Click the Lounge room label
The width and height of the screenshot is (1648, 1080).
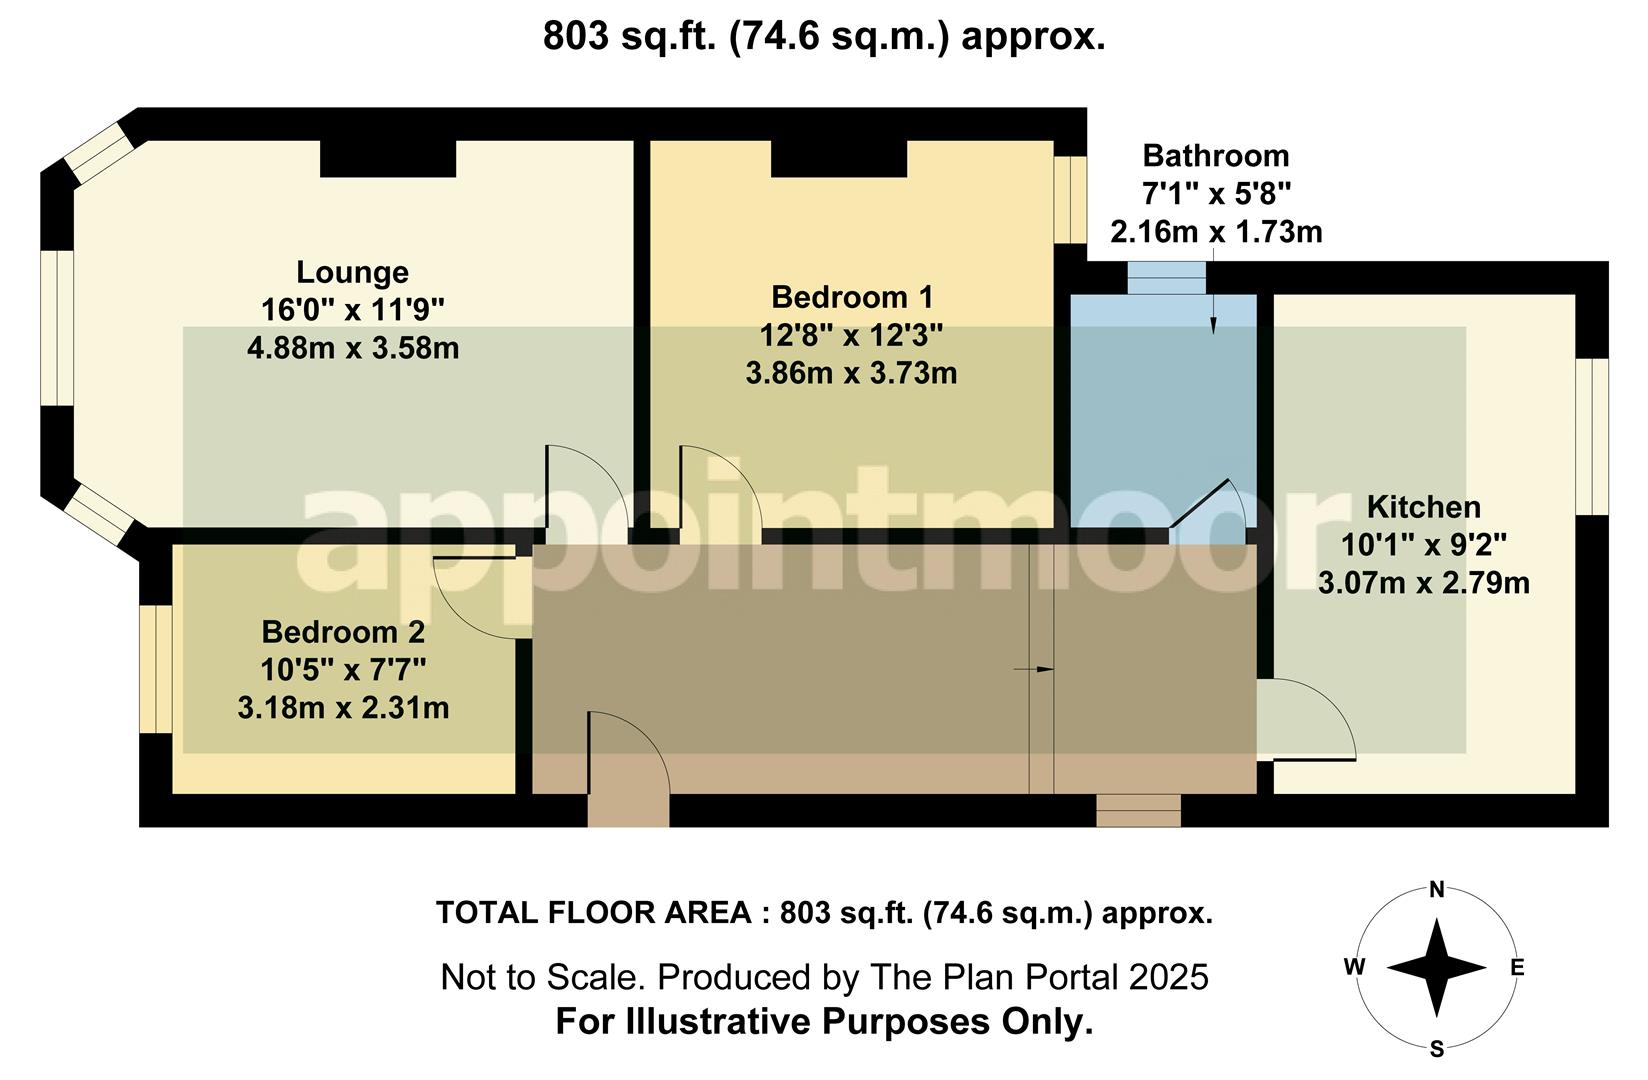point(352,272)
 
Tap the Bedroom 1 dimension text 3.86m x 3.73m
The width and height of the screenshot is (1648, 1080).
point(851,374)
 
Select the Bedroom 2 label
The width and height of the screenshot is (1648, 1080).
point(343,632)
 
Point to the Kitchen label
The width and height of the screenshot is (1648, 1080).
point(1423,507)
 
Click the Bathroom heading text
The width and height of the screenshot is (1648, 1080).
point(1215,156)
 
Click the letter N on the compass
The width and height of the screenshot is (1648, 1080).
point(1437,890)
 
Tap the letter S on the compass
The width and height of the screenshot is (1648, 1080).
point(1437,1049)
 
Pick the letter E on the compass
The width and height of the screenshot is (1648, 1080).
point(1516,967)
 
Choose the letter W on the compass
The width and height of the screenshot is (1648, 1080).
point(1354,967)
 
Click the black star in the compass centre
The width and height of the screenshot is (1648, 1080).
point(1436,967)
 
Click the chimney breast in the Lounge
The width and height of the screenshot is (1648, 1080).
point(388,158)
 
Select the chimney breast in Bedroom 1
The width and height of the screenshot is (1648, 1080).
point(839,158)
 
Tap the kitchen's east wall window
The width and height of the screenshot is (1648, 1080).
point(1592,436)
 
